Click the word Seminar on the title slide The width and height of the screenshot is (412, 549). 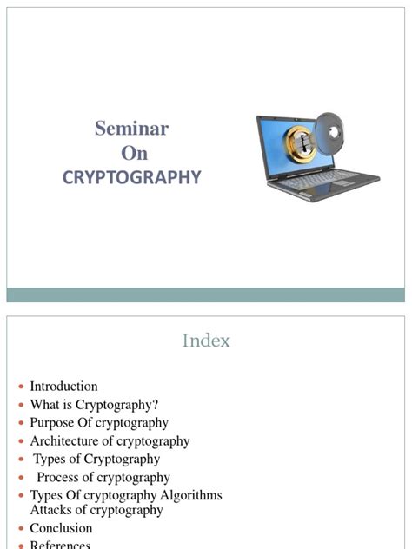tap(131, 129)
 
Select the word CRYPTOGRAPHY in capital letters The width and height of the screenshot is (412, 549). tap(131, 177)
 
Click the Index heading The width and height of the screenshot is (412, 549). tap(206, 341)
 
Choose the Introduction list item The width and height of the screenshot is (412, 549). tap(63, 387)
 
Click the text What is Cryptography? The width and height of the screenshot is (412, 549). tap(94, 405)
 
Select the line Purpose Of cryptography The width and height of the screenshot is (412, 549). tap(99, 423)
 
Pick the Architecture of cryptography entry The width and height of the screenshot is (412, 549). tap(110, 441)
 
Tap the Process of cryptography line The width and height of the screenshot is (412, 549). tap(103, 478)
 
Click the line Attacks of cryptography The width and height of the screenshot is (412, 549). tap(96, 510)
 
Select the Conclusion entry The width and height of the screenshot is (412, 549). tap(61, 528)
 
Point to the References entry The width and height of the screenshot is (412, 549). tap(60, 545)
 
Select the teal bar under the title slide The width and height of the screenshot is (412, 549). tap(206, 295)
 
